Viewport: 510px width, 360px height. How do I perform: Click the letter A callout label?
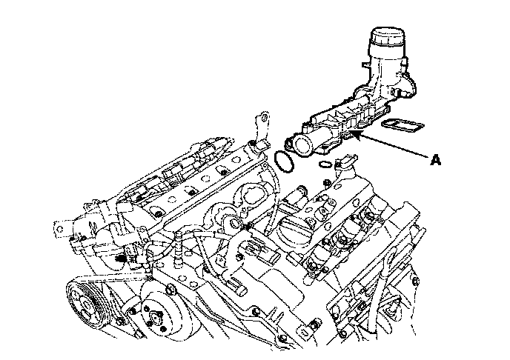pyautogui.click(x=436, y=160)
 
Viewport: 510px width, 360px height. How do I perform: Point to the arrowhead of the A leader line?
pyautogui.click(x=354, y=134)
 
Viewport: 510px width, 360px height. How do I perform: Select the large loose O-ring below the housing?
pyautogui.click(x=285, y=161)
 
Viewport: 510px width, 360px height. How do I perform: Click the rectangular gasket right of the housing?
pyautogui.click(x=403, y=125)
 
